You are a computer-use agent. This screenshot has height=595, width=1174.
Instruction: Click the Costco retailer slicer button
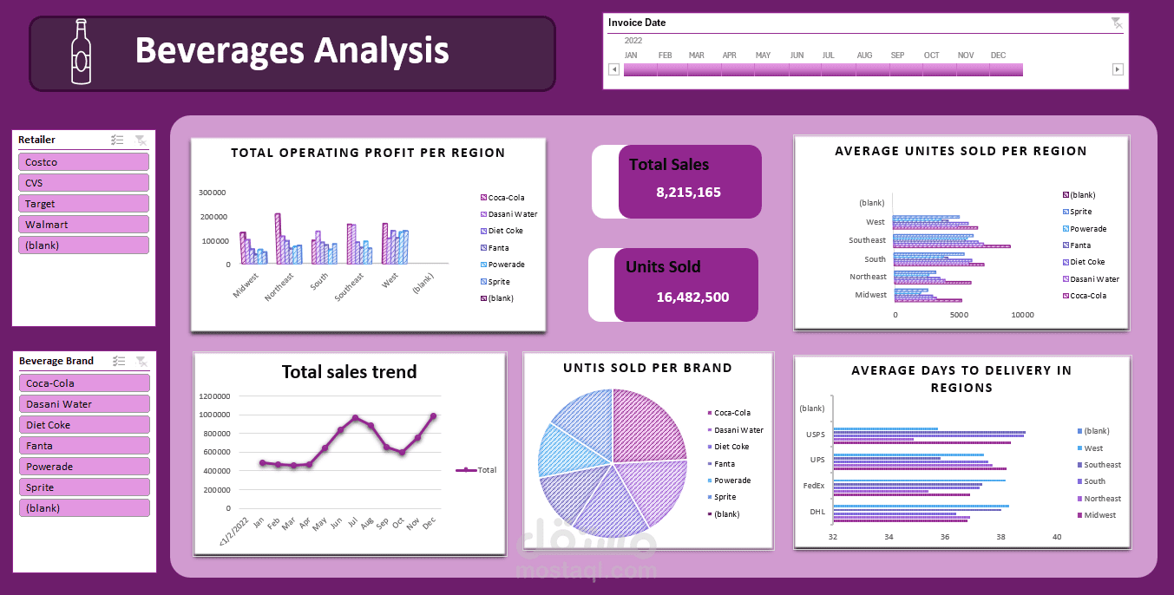tap(83, 162)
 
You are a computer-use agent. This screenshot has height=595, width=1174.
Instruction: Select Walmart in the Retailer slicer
tap(83, 225)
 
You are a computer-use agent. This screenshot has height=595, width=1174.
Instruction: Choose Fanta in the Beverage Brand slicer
tap(84, 446)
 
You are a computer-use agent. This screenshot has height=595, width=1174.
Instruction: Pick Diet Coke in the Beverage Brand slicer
tap(84, 425)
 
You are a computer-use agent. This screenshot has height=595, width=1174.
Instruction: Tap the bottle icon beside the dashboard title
tap(81, 52)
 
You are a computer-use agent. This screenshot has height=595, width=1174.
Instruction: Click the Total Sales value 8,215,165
tap(689, 193)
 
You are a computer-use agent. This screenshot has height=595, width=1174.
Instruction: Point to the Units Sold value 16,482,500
tap(692, 297)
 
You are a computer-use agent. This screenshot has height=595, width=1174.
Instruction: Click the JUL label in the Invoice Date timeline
tap(828, 56)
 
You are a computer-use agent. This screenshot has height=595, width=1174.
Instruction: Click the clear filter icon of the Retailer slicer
tap(141, 140)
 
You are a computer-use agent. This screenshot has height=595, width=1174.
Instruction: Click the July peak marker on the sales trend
tap(355, 418)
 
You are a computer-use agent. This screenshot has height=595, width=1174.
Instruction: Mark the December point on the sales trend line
tap(433, 416)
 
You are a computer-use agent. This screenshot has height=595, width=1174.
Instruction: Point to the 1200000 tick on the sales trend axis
tap(215, 396)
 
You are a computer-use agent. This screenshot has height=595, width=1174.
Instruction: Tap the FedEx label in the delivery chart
tap(814, 486)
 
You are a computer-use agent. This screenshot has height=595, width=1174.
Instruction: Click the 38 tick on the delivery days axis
tap(1000, 537)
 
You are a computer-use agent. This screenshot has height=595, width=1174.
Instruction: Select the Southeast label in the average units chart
tap(868, 240)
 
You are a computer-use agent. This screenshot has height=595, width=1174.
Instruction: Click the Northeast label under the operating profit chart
tap(280, 286)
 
